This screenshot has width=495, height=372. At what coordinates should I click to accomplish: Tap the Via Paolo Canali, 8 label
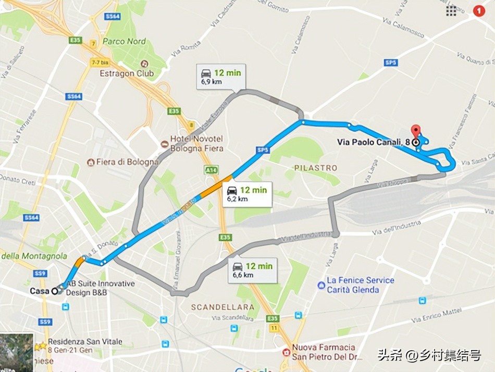point(374,142)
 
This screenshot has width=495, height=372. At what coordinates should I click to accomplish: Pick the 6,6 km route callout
point(252,270)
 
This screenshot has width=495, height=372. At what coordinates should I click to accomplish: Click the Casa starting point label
point(39,291)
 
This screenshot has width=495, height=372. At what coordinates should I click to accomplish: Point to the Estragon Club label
point(127,73)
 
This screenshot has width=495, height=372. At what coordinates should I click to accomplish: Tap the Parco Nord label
point(124,41)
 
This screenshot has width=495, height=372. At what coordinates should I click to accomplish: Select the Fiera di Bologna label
point(127,162)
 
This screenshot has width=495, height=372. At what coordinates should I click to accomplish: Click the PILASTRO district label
point(315,168)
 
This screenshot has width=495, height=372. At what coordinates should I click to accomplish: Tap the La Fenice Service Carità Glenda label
point(360,284)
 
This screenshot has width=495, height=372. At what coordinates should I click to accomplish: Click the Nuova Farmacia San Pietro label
point(323,352)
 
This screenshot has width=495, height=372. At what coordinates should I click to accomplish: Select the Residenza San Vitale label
point(85,345)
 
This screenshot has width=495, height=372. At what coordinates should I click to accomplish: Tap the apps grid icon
point(451,10)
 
